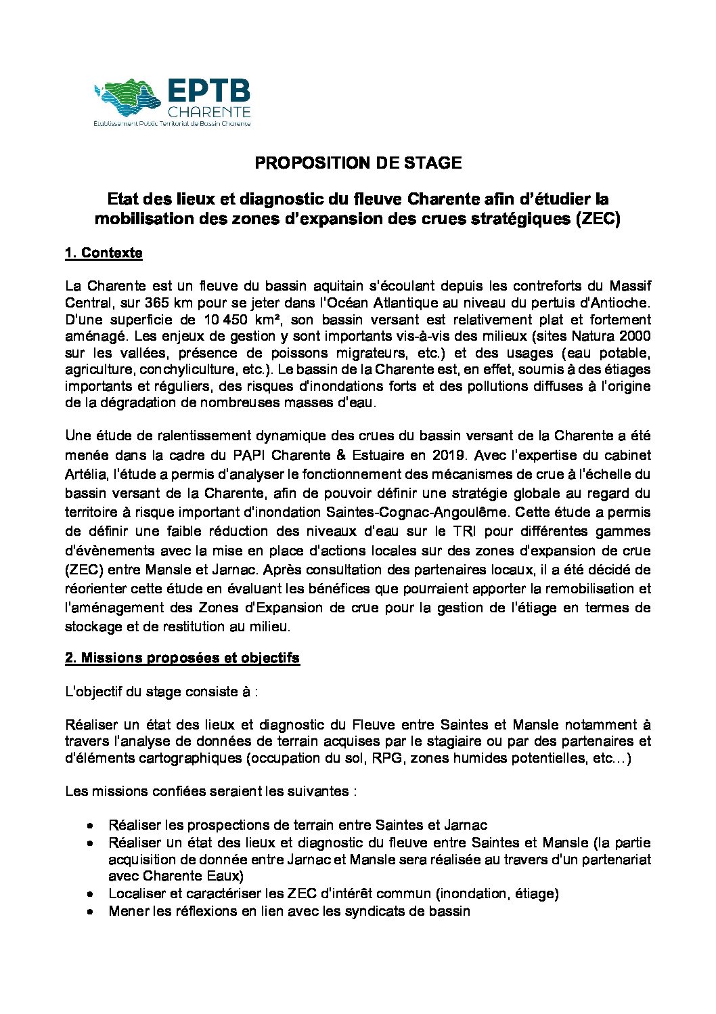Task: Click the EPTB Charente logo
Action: [x=173, y=102]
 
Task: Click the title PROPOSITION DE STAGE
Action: [x=358, y=163]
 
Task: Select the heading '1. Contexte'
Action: [x=104, y=253]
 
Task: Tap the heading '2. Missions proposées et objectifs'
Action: [x=182, y=658]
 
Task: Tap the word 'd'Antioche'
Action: [x=617, y=303]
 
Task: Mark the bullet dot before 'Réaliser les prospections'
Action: [x=90, y=826]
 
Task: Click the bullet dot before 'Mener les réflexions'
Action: [x=90, y=912]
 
